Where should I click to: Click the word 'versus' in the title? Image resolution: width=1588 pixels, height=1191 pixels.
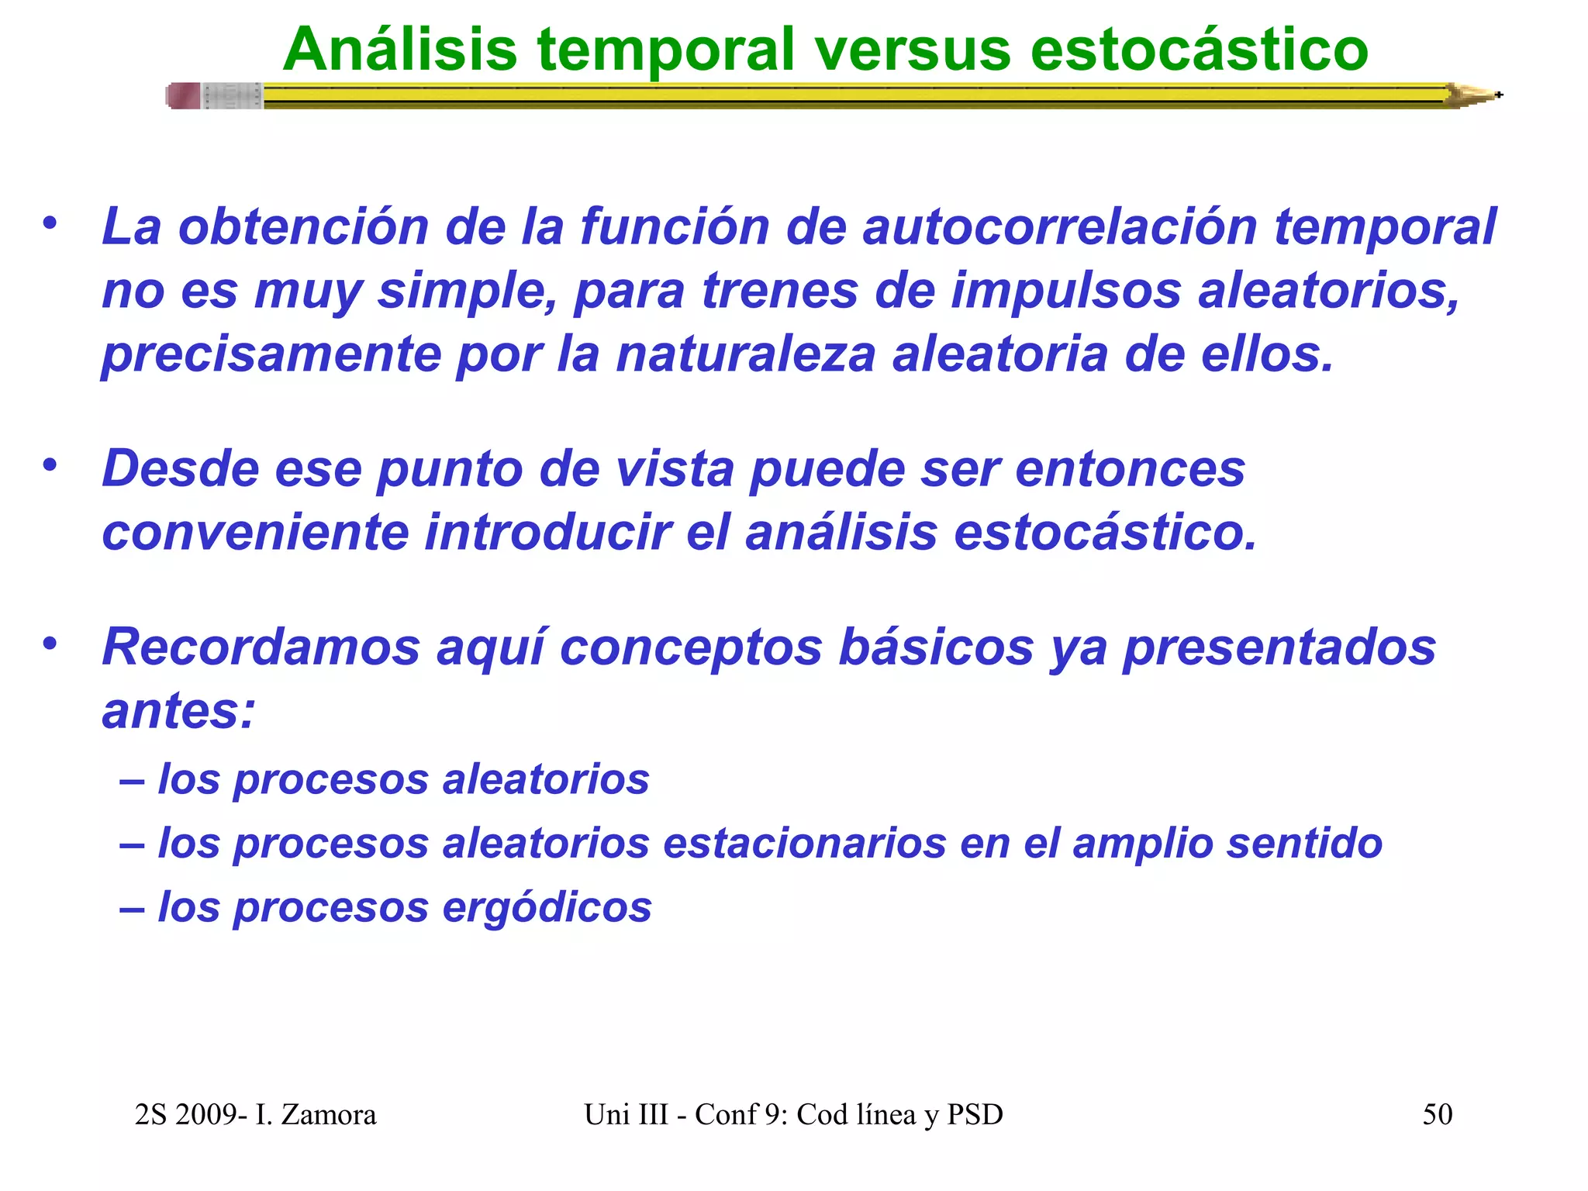click(913, 50)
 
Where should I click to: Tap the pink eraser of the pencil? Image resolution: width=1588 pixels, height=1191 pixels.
click(184, 95)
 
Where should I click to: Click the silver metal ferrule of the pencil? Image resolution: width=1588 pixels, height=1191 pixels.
click(232, 95)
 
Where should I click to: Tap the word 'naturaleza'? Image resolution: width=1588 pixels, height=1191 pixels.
click(745, 354)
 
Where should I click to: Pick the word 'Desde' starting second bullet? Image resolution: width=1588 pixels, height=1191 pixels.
click(179, 469)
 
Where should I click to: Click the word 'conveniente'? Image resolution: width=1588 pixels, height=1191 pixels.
click(255, 533)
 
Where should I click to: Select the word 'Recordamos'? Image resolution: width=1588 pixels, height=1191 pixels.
click(261, 647)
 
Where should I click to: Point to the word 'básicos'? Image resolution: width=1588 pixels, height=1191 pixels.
click(936, 647)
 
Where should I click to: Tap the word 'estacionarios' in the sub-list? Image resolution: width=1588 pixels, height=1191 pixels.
click(804, 844)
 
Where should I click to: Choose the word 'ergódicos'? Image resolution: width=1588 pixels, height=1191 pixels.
click(547, 907)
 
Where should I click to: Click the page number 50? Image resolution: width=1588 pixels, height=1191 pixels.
click(1437, 1114)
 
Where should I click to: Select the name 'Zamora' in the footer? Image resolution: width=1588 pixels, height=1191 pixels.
click(328, 1114)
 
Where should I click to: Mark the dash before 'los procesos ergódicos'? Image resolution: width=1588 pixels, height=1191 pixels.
click(132, 908)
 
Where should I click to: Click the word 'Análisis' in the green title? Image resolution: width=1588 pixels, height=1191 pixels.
click(399, 50)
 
